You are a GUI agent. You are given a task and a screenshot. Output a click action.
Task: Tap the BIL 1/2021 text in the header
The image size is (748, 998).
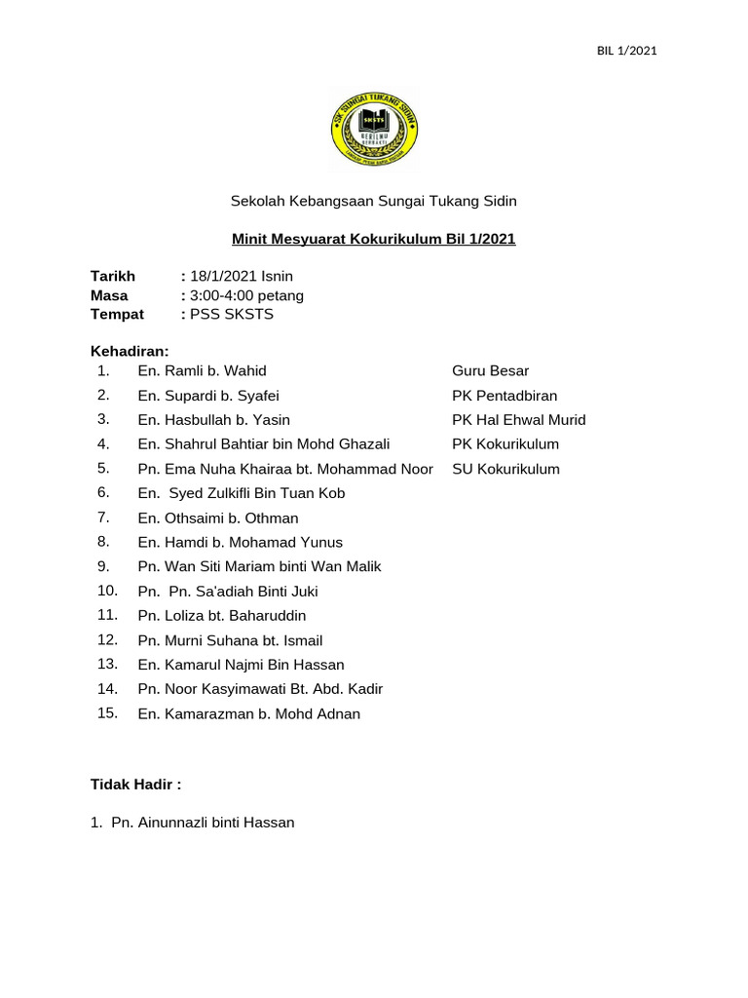(x=626, y=51)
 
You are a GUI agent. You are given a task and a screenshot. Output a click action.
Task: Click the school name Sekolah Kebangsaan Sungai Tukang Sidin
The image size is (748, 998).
(x=373, y=202)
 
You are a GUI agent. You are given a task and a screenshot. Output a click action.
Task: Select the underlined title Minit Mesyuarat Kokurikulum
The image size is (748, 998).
(x=373, y=239)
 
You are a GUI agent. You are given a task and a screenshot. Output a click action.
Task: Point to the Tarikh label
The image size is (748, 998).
(x=113, y=277)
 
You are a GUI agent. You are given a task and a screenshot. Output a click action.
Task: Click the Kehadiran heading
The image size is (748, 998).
(x=130, y=350)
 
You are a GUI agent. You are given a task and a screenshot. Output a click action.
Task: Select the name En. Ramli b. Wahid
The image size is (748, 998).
(x=202, y=371)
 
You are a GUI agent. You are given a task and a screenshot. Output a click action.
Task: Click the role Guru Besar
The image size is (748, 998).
(x=490, y=371)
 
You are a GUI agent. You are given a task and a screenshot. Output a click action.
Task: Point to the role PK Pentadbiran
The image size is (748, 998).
(x=505, y=396)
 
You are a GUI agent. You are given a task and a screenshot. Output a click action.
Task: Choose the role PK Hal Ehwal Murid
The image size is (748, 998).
(x=518, y=420)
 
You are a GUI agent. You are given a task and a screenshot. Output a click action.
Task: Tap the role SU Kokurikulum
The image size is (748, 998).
(x=505, y=469)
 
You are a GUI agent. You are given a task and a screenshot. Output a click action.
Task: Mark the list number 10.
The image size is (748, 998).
(x=107, y=591)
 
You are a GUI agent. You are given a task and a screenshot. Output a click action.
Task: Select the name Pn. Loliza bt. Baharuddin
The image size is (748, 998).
(x=222, y=616)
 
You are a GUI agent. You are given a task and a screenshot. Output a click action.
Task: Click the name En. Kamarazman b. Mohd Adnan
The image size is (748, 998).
(x=249, y=714)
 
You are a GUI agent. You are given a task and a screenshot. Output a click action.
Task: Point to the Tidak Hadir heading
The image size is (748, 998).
(x=136, y=785)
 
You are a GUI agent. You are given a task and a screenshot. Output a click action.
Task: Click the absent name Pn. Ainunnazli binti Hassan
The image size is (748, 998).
(x=203, y=823)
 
